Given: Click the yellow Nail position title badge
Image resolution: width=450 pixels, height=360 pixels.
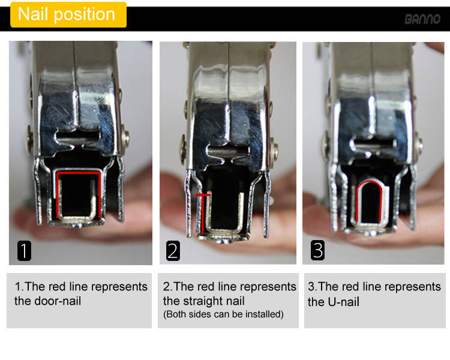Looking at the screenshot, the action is [68, 14].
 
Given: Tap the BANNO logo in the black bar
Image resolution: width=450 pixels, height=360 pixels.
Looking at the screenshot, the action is [422, 19].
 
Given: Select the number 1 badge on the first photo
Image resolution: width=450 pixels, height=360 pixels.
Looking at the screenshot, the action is [24, 251].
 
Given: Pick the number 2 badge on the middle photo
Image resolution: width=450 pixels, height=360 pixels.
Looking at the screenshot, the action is [173, 251].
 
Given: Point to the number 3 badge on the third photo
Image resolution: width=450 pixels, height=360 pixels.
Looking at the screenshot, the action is [317, 250].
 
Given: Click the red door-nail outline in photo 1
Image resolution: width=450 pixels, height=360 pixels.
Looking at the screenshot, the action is [79, 173].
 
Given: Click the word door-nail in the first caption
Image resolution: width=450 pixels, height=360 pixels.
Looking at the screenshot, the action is [58, 301].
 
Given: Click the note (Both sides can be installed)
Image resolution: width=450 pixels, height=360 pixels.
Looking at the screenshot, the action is [223, 314].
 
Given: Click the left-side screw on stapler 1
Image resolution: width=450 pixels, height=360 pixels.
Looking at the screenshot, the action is [29, 137].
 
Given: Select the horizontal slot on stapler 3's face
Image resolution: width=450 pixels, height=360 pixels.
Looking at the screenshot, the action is [373, 143].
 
